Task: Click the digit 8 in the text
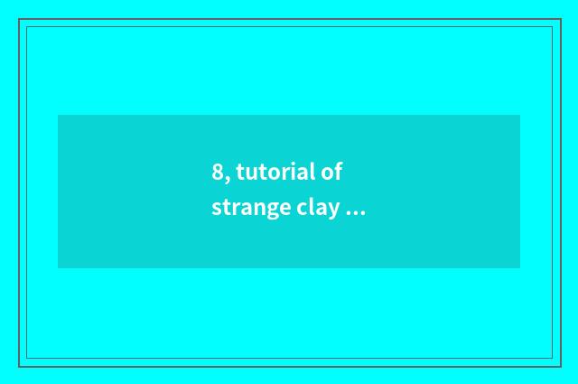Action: pos(218,173)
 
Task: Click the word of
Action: pos(331,172)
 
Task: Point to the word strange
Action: pos(250,209)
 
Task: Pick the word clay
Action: pos(317,209)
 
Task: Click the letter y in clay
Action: pos(334,211)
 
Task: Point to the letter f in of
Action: pos(338,171)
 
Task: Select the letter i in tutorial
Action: pos(294,171)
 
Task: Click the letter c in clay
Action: pos(301,210)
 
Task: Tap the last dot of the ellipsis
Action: pos(363,213)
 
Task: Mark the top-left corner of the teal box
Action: pos(58,115)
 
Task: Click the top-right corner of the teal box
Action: pos(520,115)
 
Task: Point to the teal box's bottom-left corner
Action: pos(58,268)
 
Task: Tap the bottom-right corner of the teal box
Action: pos(520,268)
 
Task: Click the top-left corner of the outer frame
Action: pos(19,19)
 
